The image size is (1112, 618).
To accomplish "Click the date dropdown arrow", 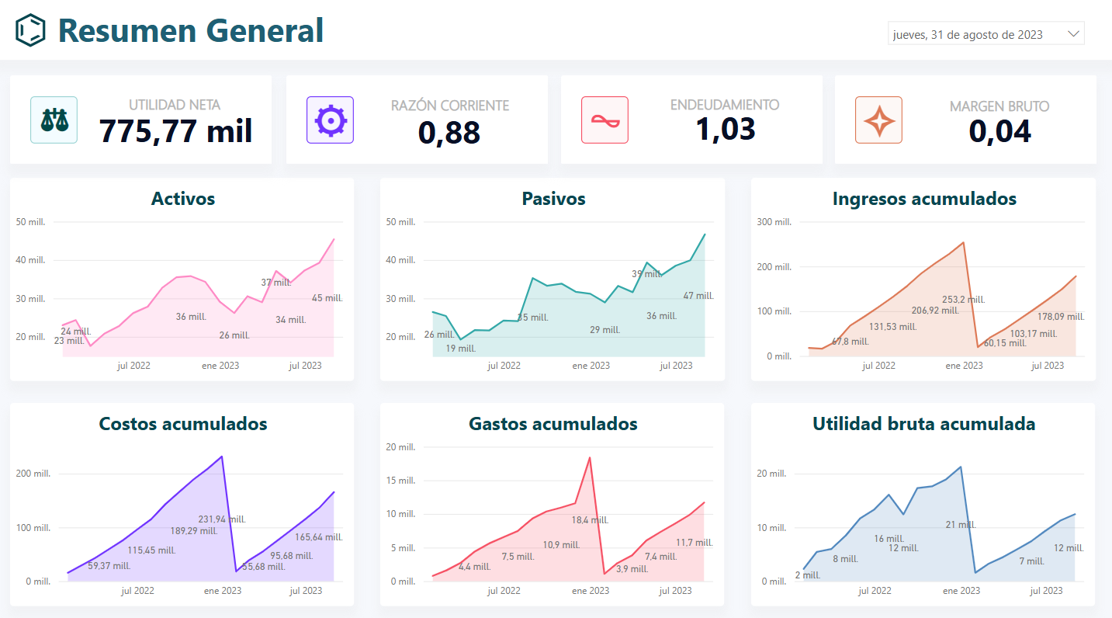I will (1074, 34).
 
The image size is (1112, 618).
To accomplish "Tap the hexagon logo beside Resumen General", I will (31, 30).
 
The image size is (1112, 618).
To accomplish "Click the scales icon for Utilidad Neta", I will (54, 120).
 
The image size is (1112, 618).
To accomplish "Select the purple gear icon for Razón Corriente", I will (330, 120).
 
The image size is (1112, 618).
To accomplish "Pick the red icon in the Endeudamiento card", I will (604, 120).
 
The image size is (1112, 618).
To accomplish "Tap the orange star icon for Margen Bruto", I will (878, 120).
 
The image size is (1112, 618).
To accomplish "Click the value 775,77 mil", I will (176, 131).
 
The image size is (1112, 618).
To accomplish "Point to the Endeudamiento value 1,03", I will (725, 128).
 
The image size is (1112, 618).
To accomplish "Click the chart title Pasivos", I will (553, 199).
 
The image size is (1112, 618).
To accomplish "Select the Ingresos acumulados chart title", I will (924, 199).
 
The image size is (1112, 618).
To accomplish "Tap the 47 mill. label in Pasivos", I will (698, 296).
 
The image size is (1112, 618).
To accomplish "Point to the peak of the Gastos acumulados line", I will (590, 457).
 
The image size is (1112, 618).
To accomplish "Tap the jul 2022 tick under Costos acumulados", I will (137, 591).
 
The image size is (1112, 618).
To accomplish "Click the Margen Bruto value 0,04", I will (999, 131).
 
